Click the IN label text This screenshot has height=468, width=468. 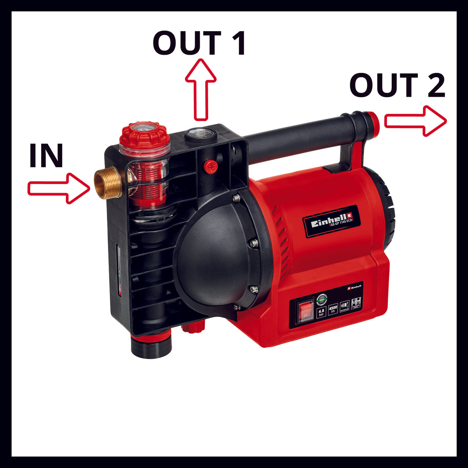[x=46, y=156]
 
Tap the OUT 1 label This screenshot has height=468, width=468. [x=199, y=43]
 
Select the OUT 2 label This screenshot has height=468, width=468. [x=397, y=85]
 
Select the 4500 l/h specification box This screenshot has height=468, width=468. [x=333, y=309]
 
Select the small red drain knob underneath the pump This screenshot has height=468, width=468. [x=192, y=329]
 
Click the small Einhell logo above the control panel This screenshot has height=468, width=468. [x=354, y=287]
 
